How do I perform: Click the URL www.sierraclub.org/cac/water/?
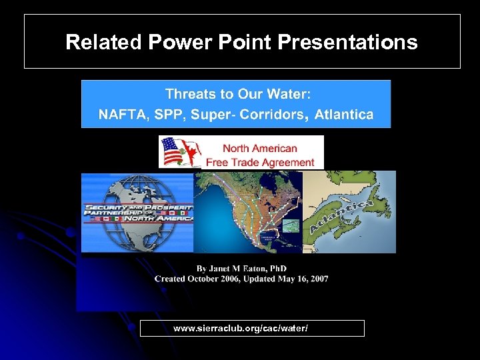click(x=240, y=329)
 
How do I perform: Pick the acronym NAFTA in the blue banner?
click(x=123, y=114)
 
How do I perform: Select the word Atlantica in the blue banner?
click(x=343, y=114)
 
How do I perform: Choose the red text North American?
click(x=259, y=148)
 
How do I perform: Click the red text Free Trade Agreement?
click(x=259, y=162)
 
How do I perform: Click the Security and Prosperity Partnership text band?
click(x=138, y=213)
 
